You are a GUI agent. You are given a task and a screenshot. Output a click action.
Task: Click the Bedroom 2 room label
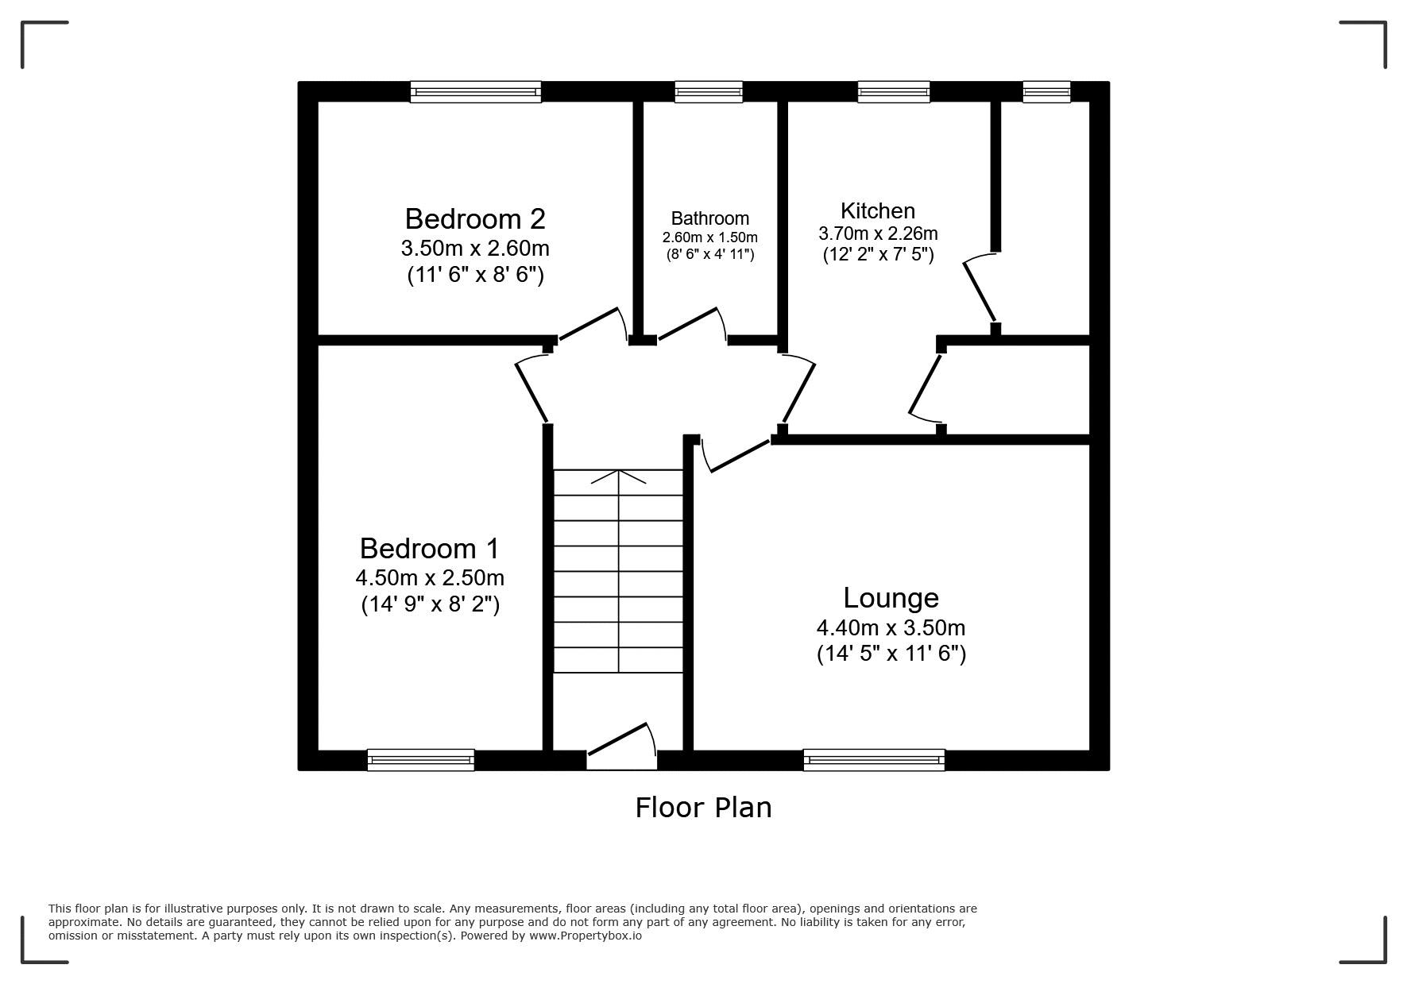(x=475, y=218)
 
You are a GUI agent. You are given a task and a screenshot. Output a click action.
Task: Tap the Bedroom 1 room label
(x=430, y=548)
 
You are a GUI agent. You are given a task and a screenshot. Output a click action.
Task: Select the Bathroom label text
(x=709, y=218)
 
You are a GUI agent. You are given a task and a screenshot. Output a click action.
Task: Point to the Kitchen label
(x=878, y=210)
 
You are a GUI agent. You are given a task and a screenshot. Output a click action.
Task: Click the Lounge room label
(x=891, y=597)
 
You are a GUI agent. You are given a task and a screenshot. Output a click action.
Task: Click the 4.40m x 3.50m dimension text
(x=891, y=627)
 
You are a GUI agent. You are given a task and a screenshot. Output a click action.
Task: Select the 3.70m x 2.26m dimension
(x=878, y=233)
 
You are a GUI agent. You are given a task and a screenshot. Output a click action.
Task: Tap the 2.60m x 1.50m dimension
(x=709, y=237)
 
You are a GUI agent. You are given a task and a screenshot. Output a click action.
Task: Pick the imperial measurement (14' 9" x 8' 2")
(x=430, y=604)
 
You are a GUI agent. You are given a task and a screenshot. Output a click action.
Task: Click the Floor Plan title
(x=703, y=807)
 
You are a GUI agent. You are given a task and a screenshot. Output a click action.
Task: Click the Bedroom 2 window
(x=475, y=92)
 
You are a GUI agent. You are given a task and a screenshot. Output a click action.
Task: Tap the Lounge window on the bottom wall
(x=874, y=760)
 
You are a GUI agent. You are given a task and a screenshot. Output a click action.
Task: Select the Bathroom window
(x=709, y=92)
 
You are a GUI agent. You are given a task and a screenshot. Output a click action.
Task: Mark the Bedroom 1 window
(x=420, y=760)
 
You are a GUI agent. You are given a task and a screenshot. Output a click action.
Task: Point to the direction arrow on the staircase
(x=618, y=477)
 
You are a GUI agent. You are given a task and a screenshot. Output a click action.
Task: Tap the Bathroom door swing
(x=692, y=325)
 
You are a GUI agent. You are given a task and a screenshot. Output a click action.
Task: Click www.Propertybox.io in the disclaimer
(x=586, y=936)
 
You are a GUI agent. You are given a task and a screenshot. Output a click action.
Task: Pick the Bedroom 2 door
(x=593, y=324)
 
